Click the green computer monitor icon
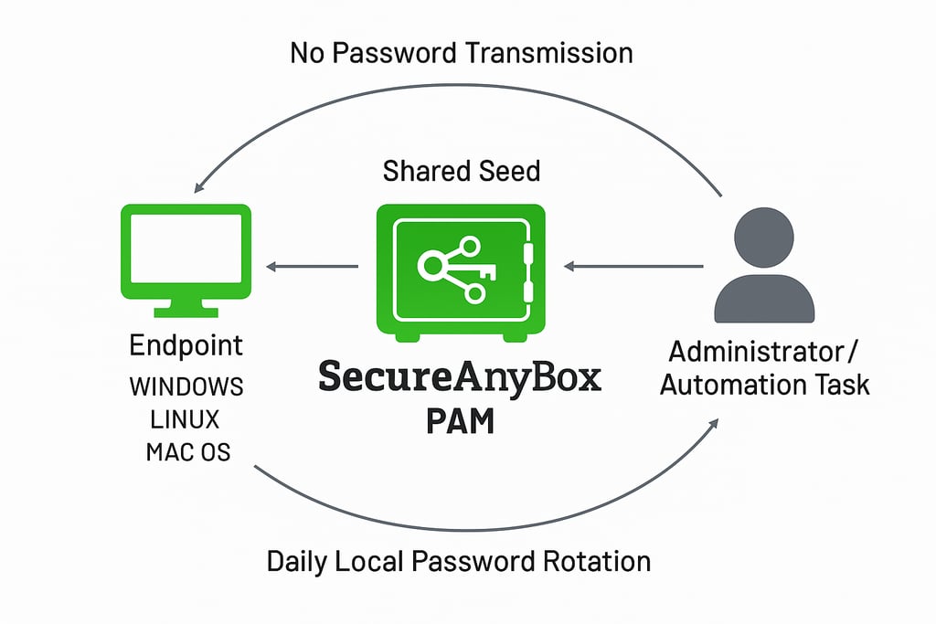186,260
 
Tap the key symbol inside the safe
457,269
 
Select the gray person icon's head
763,238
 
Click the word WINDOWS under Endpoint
186,386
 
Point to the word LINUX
185,419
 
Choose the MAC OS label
188,452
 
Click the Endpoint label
186,346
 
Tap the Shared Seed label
462,171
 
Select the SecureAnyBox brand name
460,377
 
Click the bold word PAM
461,421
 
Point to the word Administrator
756,352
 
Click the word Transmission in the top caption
548,53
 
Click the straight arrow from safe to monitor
313,267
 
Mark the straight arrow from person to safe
633,266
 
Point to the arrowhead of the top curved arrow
199,186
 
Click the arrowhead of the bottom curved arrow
713,424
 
